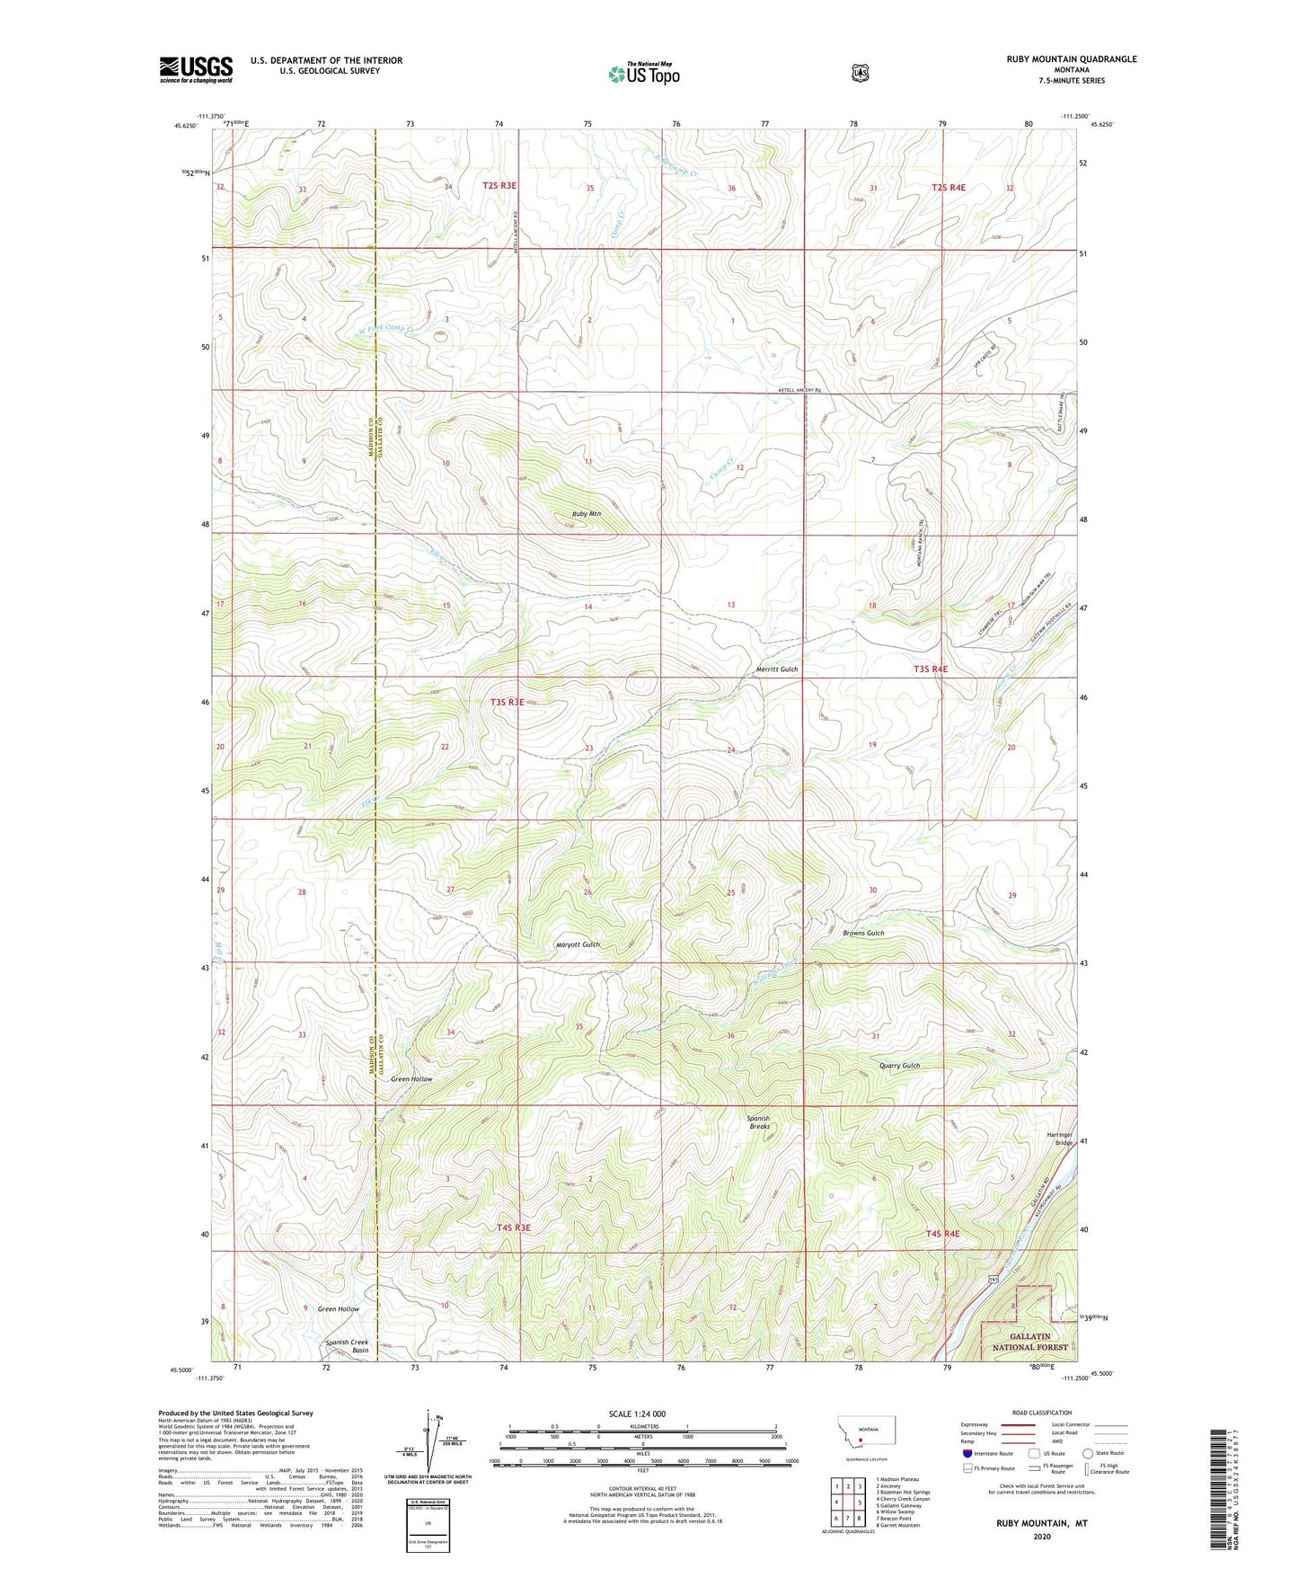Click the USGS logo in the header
tap(196, 69)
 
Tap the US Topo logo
tap(643, 73)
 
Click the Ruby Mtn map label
tap(587, 514)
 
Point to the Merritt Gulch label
tap(776, 669)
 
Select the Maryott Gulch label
tap(577, 944)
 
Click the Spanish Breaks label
tap(758, 1122)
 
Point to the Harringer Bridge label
tap(1060, 1138)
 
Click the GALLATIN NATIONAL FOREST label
tap(1029, 1343)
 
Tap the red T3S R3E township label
tap(507, 702)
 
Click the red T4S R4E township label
tap(942, 1234)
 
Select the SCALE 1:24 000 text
tap(637, 1414)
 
